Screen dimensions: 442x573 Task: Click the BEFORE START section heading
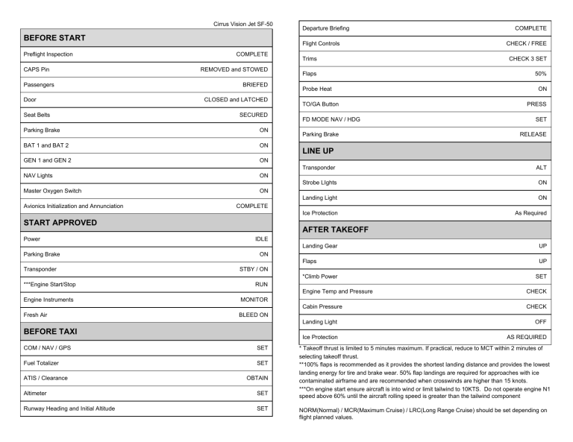point(44,37)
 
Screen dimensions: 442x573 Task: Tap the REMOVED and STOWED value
point(234,69)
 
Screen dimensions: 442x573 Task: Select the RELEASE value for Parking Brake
point(532,134)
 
